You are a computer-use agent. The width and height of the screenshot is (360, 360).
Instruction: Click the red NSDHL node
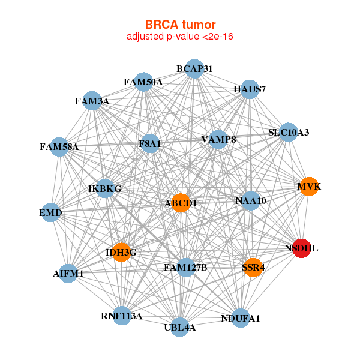(301, 248)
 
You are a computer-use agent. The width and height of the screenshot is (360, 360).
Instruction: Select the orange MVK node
(308, 187)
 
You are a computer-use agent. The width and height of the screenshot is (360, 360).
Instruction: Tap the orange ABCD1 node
(181, 203)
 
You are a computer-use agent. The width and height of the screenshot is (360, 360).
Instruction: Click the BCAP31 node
(194, 69)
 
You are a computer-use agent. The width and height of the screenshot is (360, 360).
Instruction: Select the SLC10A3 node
(289, 133)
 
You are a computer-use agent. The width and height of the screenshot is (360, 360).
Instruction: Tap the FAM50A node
(143, 82)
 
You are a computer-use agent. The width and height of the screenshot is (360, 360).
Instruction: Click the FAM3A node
(92, 101)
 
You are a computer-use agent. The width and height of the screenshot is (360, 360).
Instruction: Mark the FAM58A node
(59, 146)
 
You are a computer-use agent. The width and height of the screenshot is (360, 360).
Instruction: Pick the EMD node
(51, 212)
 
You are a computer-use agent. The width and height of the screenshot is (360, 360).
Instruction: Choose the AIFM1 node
(68, 274)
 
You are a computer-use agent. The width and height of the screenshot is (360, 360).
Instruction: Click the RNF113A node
(122, 316)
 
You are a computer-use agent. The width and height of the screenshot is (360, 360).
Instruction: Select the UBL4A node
(180, 327)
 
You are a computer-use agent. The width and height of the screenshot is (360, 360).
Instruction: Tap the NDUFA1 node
(240, 318)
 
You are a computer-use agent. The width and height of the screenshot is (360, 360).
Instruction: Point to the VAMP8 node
(218, 140)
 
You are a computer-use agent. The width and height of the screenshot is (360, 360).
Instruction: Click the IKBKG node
(105, 189)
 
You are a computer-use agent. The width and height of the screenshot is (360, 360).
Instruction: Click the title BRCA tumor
(180, 25)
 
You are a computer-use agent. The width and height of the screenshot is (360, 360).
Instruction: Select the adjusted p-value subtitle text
(180, 37)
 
